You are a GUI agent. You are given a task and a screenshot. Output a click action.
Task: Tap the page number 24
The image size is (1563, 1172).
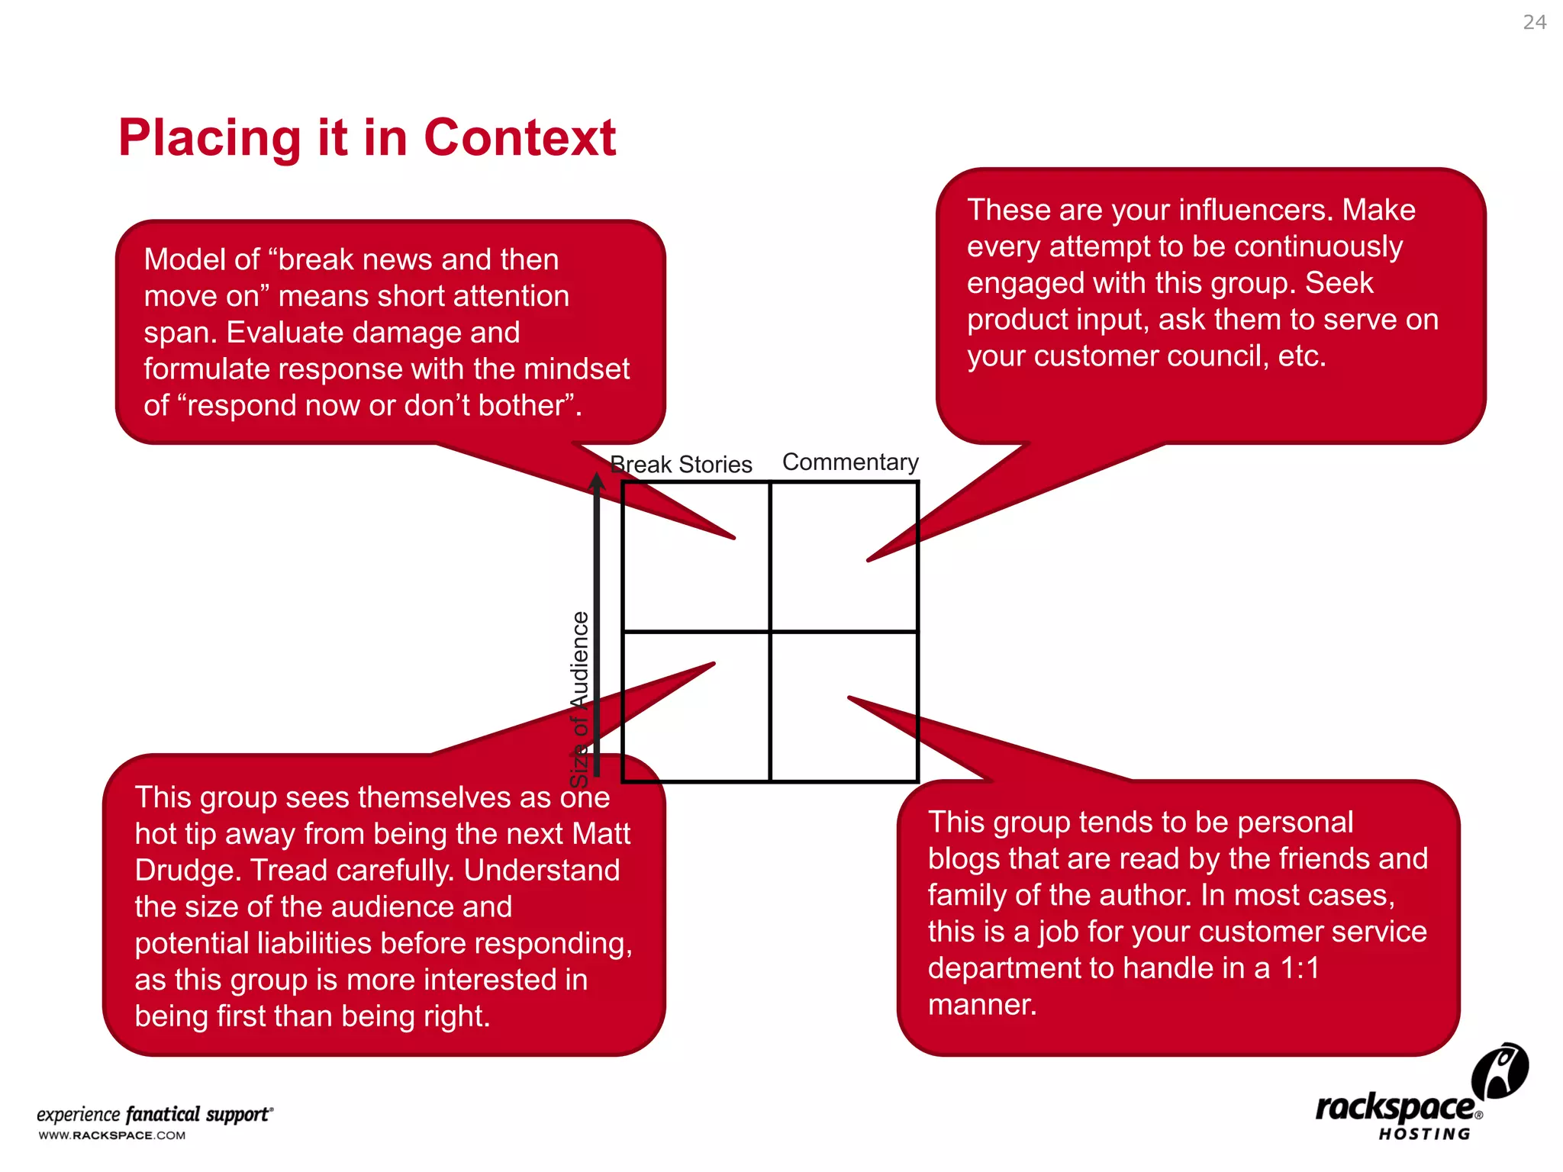point(1534,22)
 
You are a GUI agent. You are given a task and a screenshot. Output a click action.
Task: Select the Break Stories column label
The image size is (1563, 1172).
point(682,464)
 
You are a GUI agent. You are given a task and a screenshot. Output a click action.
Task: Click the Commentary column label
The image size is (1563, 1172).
point(850,462)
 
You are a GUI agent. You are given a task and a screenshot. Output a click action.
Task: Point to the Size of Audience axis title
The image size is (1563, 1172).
point(580,699)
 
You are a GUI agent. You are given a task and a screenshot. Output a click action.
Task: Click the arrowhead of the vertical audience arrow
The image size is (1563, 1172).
point(597,482)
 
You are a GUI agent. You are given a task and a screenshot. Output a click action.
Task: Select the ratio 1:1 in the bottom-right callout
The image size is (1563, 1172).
point(1300,968)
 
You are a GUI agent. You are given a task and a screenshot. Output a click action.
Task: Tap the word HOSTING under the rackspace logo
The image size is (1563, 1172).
point(1424,1135)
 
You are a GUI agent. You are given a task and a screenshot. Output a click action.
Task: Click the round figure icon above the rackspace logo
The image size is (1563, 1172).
point(1500,1071)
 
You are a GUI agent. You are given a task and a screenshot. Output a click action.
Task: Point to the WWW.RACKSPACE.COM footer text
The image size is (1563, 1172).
point(112,1135)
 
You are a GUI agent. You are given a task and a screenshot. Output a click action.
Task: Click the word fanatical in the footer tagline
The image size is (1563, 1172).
point(163,1115)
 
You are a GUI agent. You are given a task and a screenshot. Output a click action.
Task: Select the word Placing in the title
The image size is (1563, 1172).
point(211,138)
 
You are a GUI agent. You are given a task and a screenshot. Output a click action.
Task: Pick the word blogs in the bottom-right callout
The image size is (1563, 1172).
point(964,859)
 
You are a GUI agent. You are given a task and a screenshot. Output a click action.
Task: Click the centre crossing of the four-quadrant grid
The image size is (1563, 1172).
point(770,632)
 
